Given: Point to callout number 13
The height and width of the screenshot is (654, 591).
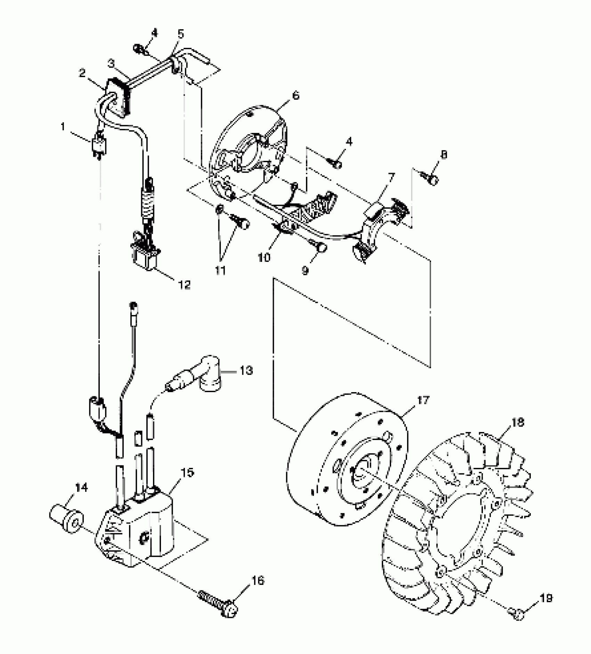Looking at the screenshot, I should click(246, 371).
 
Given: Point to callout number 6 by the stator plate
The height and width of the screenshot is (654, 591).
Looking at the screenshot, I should click(295, 95).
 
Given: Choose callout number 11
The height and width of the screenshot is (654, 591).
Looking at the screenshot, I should click(220, 271).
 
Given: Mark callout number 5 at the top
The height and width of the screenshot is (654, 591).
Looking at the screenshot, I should click(180, 34).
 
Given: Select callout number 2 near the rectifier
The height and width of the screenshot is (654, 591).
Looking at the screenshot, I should click(82, 73).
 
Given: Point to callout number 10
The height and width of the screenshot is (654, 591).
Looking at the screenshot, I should click(264, 258).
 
